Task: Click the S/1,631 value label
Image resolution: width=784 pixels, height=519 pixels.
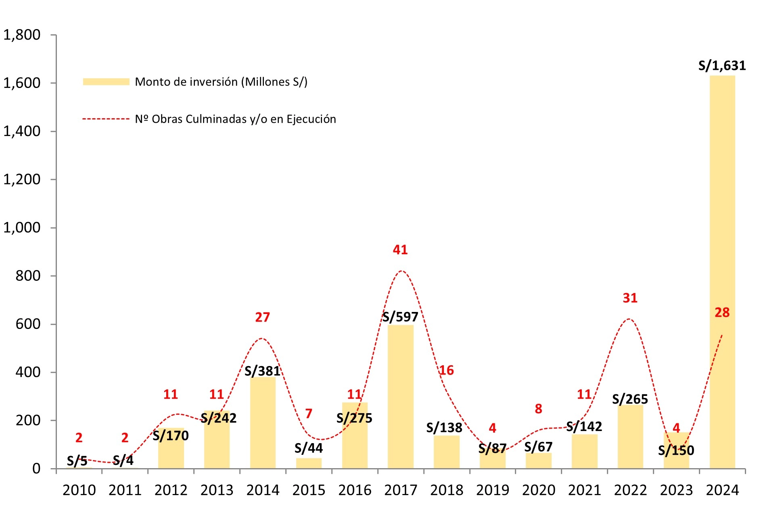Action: [722, 65]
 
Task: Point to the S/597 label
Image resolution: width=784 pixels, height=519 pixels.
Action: [400, 317]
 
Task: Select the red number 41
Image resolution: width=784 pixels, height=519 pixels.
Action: [400, 250]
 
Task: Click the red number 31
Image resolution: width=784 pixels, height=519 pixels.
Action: [630, 298]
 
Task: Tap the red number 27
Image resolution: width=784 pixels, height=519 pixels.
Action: [262, 317]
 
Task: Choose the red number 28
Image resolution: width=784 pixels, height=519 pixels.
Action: [722, 312]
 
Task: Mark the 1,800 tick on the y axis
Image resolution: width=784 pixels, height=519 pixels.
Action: [22, 35]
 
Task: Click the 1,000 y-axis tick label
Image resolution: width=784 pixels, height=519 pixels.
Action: [22, 228]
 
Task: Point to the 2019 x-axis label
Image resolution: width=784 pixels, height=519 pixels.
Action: [493, 490]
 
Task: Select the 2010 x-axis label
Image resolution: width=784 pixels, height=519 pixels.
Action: [79, 490]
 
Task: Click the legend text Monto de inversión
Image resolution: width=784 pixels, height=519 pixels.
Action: [221, 82]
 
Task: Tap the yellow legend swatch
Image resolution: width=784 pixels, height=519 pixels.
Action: [106, 82]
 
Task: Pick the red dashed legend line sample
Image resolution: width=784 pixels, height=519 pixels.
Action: [106, 119]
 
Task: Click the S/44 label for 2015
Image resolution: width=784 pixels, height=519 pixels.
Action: [309, 448]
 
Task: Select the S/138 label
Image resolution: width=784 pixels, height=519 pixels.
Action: [444, 427]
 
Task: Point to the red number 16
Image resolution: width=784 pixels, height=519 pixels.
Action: [446, 370]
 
